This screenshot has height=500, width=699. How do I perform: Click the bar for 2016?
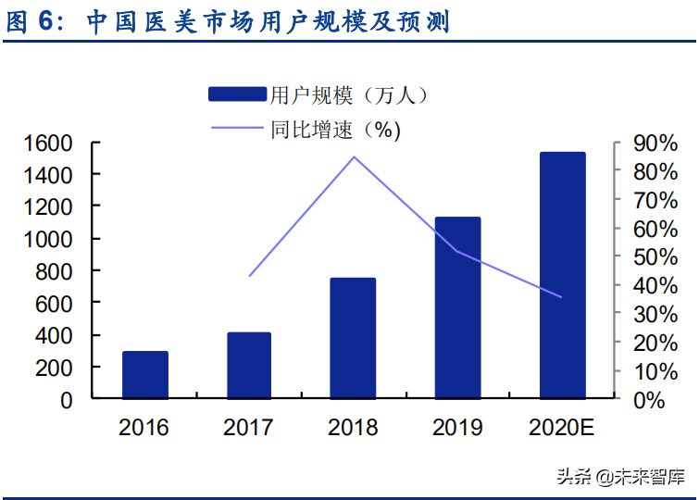coord(145,375)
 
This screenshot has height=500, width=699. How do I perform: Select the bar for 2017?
coord(248,366)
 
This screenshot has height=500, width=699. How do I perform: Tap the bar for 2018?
coord(353,338)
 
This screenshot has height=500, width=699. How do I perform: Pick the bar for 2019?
coord(457,307)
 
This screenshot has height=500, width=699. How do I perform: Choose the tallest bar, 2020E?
coord(562,275)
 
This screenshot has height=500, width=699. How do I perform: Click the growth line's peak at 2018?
coord(354,156)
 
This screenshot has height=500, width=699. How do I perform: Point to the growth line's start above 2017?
coord(249,276)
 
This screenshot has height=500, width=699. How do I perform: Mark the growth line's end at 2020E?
coord(562,297)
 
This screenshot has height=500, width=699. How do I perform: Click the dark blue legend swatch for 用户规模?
coord(238,94)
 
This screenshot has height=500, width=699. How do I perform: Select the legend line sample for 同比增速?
coord(238,129)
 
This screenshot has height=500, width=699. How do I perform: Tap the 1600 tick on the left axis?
coord(48,144)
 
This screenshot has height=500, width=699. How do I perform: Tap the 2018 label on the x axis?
coord(353,428)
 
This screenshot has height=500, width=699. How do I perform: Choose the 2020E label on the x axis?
coord(562,428)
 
